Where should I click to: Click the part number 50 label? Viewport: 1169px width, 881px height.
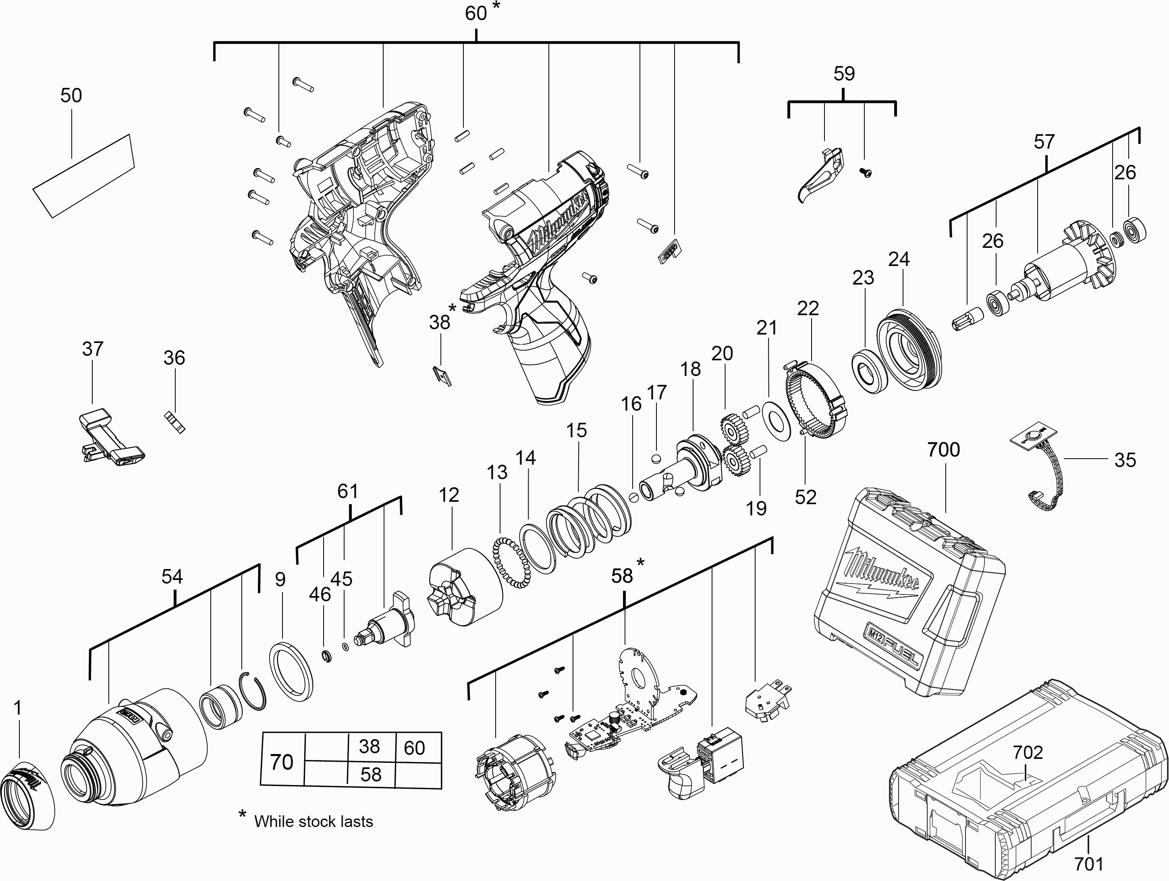71,96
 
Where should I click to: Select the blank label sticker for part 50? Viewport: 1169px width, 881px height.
83,175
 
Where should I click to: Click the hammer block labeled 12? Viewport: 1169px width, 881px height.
463,587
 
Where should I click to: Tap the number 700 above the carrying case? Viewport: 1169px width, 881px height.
943,450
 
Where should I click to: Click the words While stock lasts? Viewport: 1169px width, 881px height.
314,821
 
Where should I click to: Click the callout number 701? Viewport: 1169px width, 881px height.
1089,864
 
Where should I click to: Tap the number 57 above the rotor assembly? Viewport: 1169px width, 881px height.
1044,141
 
